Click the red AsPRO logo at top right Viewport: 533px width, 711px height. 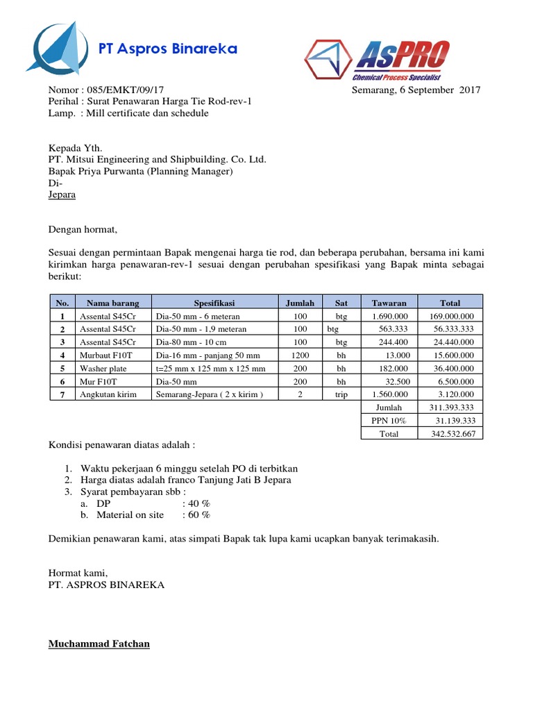pyautogui.click(x=379, y=60)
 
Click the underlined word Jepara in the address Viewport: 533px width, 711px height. pyautogui.click(x=62, y=194)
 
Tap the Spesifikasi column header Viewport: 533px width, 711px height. pyautogui.click(x=214, y=303)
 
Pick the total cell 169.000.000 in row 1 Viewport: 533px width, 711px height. pyautogui.click(x=451, y=316)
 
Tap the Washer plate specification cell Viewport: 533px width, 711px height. pyautogui.click(x=211, y=368)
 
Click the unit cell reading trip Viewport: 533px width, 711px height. pyautogui.click(x=341, y=394)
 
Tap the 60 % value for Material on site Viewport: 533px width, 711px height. pyautogui.click(x=196, y=515)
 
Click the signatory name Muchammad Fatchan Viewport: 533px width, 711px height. pyautogui.click(x=99, y=644)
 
